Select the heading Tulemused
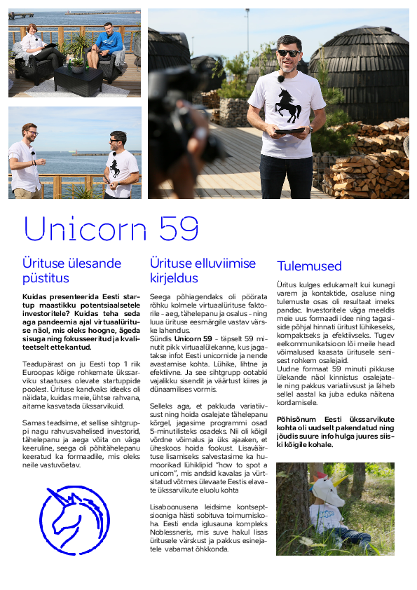[309, 266]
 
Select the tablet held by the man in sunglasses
[289, 130]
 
